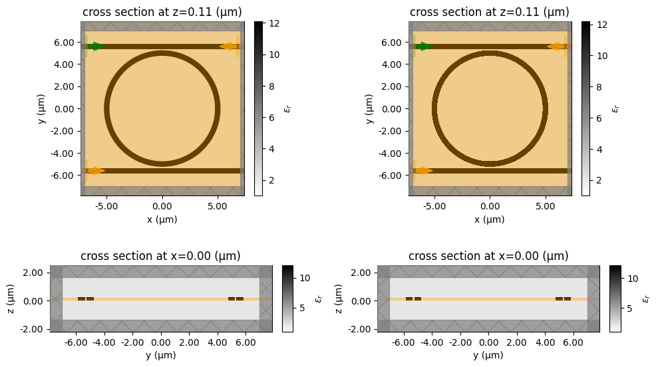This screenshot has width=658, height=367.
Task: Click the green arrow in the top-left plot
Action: point(96,47)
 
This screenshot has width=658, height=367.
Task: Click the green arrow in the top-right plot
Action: point(424,47)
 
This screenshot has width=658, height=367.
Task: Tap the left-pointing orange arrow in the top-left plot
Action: point(229,47)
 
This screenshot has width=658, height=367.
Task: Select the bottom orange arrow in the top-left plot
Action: point(96,171)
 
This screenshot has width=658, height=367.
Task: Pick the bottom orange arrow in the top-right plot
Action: point(424,171)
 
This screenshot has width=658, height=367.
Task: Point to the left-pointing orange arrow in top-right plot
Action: point(556,47)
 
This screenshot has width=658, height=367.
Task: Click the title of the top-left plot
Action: point(162,13)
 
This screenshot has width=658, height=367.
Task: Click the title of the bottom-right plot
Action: point(488,257)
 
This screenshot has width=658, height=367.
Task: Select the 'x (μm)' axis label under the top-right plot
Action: point(490,219)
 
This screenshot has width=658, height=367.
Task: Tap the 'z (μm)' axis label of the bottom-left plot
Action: point(15,299)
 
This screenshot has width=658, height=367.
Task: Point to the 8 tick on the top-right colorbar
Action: point(603,86)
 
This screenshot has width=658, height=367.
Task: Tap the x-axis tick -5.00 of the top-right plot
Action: point(433,207)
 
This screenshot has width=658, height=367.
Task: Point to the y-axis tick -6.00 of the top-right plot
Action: point(392,176)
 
